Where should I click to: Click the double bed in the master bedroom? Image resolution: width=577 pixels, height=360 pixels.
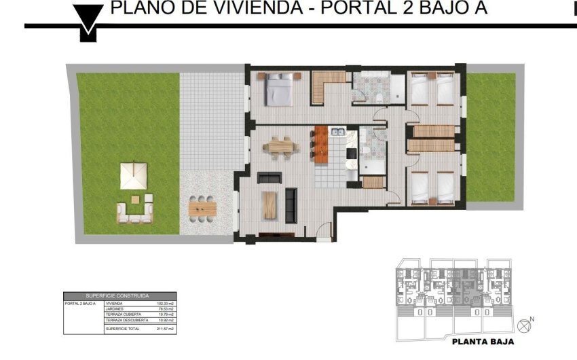(278, 90)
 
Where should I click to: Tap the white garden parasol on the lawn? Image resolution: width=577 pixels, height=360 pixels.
(134, 176)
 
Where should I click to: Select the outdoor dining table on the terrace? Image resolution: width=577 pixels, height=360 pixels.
(202, 206)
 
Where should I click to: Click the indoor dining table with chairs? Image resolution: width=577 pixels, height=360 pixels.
(281, 145)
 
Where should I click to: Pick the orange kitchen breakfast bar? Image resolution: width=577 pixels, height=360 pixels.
(320, 145)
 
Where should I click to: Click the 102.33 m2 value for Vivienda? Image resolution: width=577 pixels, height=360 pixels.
(166, 304)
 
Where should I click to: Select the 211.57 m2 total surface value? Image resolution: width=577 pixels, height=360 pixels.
(166, 329)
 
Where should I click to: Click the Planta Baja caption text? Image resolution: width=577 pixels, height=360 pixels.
(483, 342)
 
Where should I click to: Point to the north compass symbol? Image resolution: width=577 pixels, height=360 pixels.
(523, 323)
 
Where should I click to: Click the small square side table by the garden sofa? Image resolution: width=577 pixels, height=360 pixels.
(135, 199)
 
